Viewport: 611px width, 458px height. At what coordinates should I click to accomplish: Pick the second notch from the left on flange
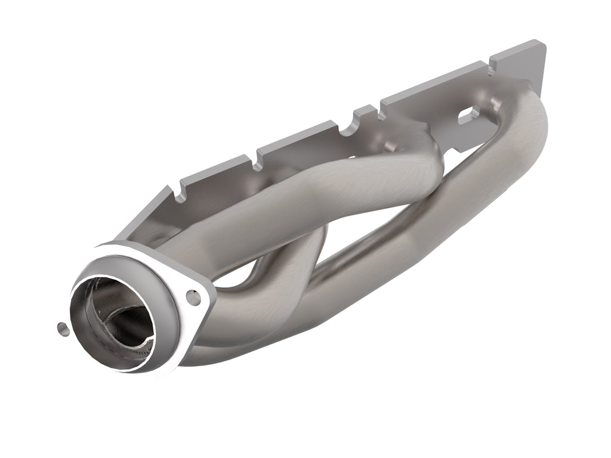click(x=258, y=157)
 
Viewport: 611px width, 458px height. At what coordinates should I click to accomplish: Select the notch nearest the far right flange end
click(x=492, y=60)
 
